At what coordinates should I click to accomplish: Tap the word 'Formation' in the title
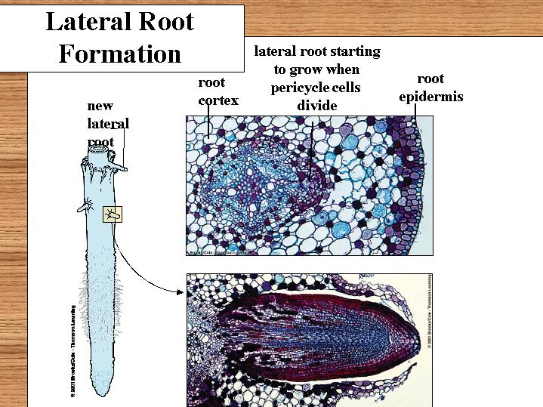[x=120, y=54]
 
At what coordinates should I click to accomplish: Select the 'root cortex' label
[x=218, y=91]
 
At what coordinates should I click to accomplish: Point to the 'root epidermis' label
[x=430, y=88]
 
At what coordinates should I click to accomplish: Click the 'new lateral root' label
[x=108, y=123]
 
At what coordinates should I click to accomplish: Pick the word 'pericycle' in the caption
[x=316, y=88]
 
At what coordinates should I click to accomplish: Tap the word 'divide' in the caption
[x=316, y=106]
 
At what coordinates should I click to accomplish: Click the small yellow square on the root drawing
[x=113, y=215]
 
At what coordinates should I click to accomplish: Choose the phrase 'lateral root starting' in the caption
[x=316, y=52]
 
